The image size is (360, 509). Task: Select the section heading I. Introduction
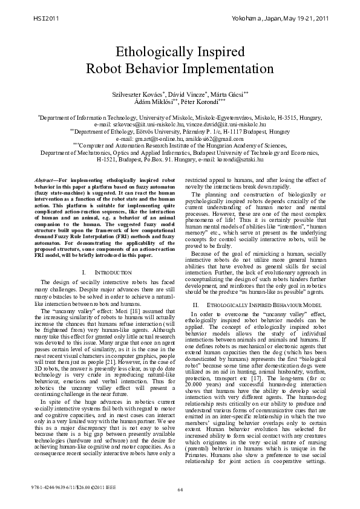point(106,273)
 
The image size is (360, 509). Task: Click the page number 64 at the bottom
point(180,489)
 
